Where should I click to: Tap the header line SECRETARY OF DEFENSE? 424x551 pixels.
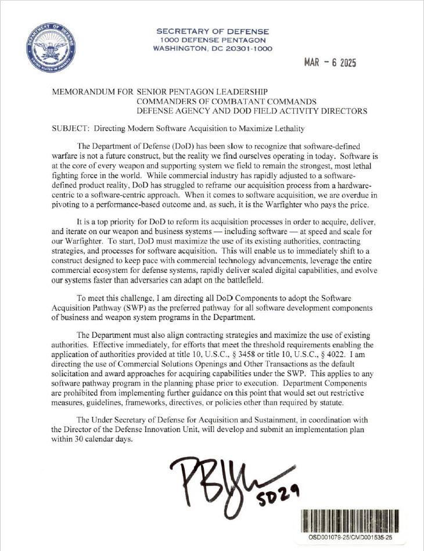click(x=213, y=31)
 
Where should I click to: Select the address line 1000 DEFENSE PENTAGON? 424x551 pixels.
click(x=213, y=40)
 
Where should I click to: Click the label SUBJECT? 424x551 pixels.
click(x=63, y=128)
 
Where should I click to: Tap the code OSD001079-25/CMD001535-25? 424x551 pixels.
click(x=351, y=538)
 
